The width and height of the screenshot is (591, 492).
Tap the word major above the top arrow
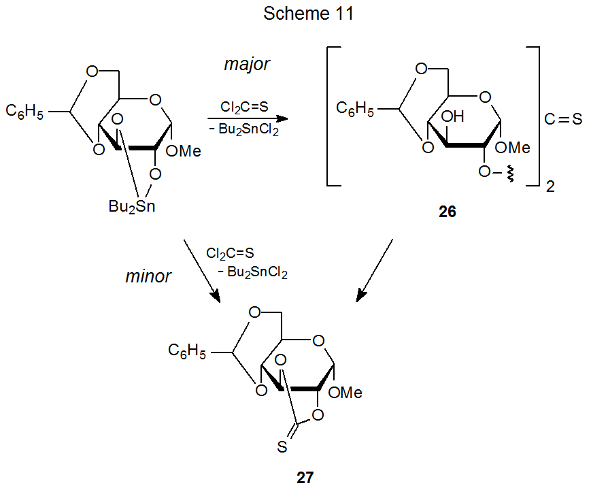[x=246, y=65]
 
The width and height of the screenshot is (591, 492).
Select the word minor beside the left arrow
[x=148, y=277]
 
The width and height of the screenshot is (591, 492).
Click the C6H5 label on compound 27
[x=187, y=351]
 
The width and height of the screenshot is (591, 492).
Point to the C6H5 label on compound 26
[x=356, y=109]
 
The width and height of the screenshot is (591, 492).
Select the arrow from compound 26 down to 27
[x=375, y=269]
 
